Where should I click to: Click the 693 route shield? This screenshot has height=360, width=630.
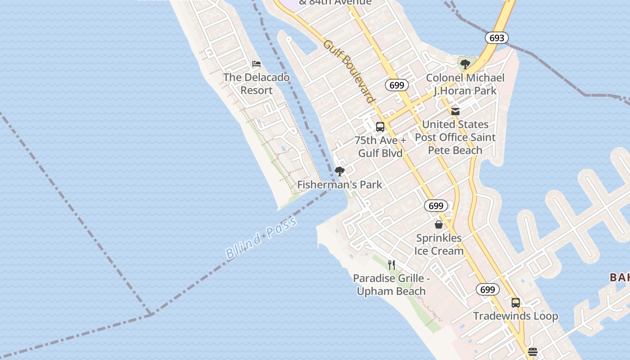tap(497, 38)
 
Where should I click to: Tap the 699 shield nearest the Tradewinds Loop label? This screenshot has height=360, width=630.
tap(487, 289)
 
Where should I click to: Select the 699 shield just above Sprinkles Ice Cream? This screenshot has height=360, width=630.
tap(436, 206)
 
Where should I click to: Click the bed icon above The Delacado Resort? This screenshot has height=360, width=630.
tap(256, 64)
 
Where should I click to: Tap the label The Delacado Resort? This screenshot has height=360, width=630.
tap(256, 84)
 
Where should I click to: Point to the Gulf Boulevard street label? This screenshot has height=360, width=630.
tap(349, 71)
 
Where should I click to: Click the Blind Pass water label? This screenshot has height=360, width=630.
tap(261, 237)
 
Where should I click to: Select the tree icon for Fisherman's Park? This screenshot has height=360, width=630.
tap(340, 171)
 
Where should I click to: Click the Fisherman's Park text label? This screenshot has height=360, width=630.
tap(340, 184)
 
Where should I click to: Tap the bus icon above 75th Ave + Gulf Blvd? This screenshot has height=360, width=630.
tap(380, 127)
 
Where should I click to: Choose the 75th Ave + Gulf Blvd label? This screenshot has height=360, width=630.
tap(380, 147)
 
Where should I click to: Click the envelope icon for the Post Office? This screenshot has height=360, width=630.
tap(455, 111)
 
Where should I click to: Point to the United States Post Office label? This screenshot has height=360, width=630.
tap(455, 137)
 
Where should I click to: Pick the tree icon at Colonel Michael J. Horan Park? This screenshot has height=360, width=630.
tap(465, 64)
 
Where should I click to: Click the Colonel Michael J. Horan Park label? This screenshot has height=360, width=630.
tap(465, 84)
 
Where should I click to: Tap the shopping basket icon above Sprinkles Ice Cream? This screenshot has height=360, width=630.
tap(439, 224)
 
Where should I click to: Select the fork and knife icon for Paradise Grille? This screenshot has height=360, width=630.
tap(391, 265)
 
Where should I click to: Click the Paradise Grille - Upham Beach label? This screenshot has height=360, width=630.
tap(391, 285)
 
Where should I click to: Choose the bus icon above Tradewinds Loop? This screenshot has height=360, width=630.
tap(516, 302)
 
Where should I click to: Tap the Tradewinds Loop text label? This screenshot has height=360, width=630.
tap(516, 316)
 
